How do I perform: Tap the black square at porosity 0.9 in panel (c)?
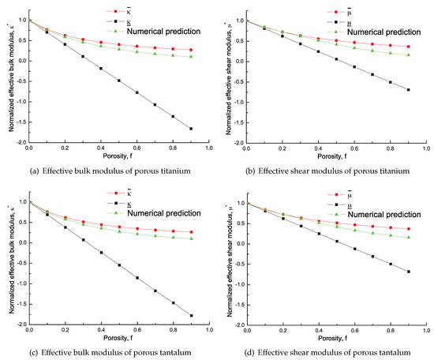tap(191, 316)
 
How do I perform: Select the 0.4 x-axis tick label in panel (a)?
tap(101, 148)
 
